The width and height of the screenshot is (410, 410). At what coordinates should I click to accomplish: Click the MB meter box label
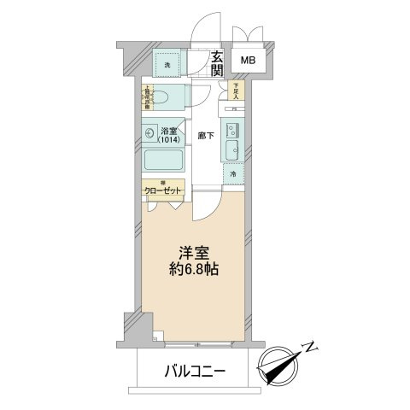point(247,61)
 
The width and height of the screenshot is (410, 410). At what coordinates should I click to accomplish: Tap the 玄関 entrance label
point(217,64)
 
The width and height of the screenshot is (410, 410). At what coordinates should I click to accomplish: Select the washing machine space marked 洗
point(167,62)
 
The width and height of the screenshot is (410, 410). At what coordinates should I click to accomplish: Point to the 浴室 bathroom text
point(169,132)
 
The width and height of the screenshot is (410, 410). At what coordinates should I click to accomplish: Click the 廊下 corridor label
point(204,134)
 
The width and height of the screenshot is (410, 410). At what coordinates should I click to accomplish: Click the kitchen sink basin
point(231,152)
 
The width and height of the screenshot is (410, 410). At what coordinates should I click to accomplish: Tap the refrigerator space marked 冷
point(233,174)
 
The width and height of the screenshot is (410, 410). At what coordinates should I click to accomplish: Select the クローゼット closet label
point(161,193)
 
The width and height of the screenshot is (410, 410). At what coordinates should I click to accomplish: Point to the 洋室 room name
point(195,255)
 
